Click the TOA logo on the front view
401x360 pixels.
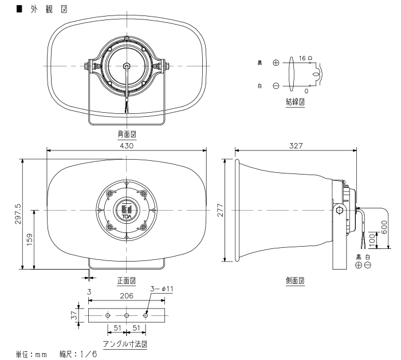(126, 211)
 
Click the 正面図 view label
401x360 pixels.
(126, 281)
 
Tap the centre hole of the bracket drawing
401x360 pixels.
(126, 315)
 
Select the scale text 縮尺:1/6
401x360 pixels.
(78, 355)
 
